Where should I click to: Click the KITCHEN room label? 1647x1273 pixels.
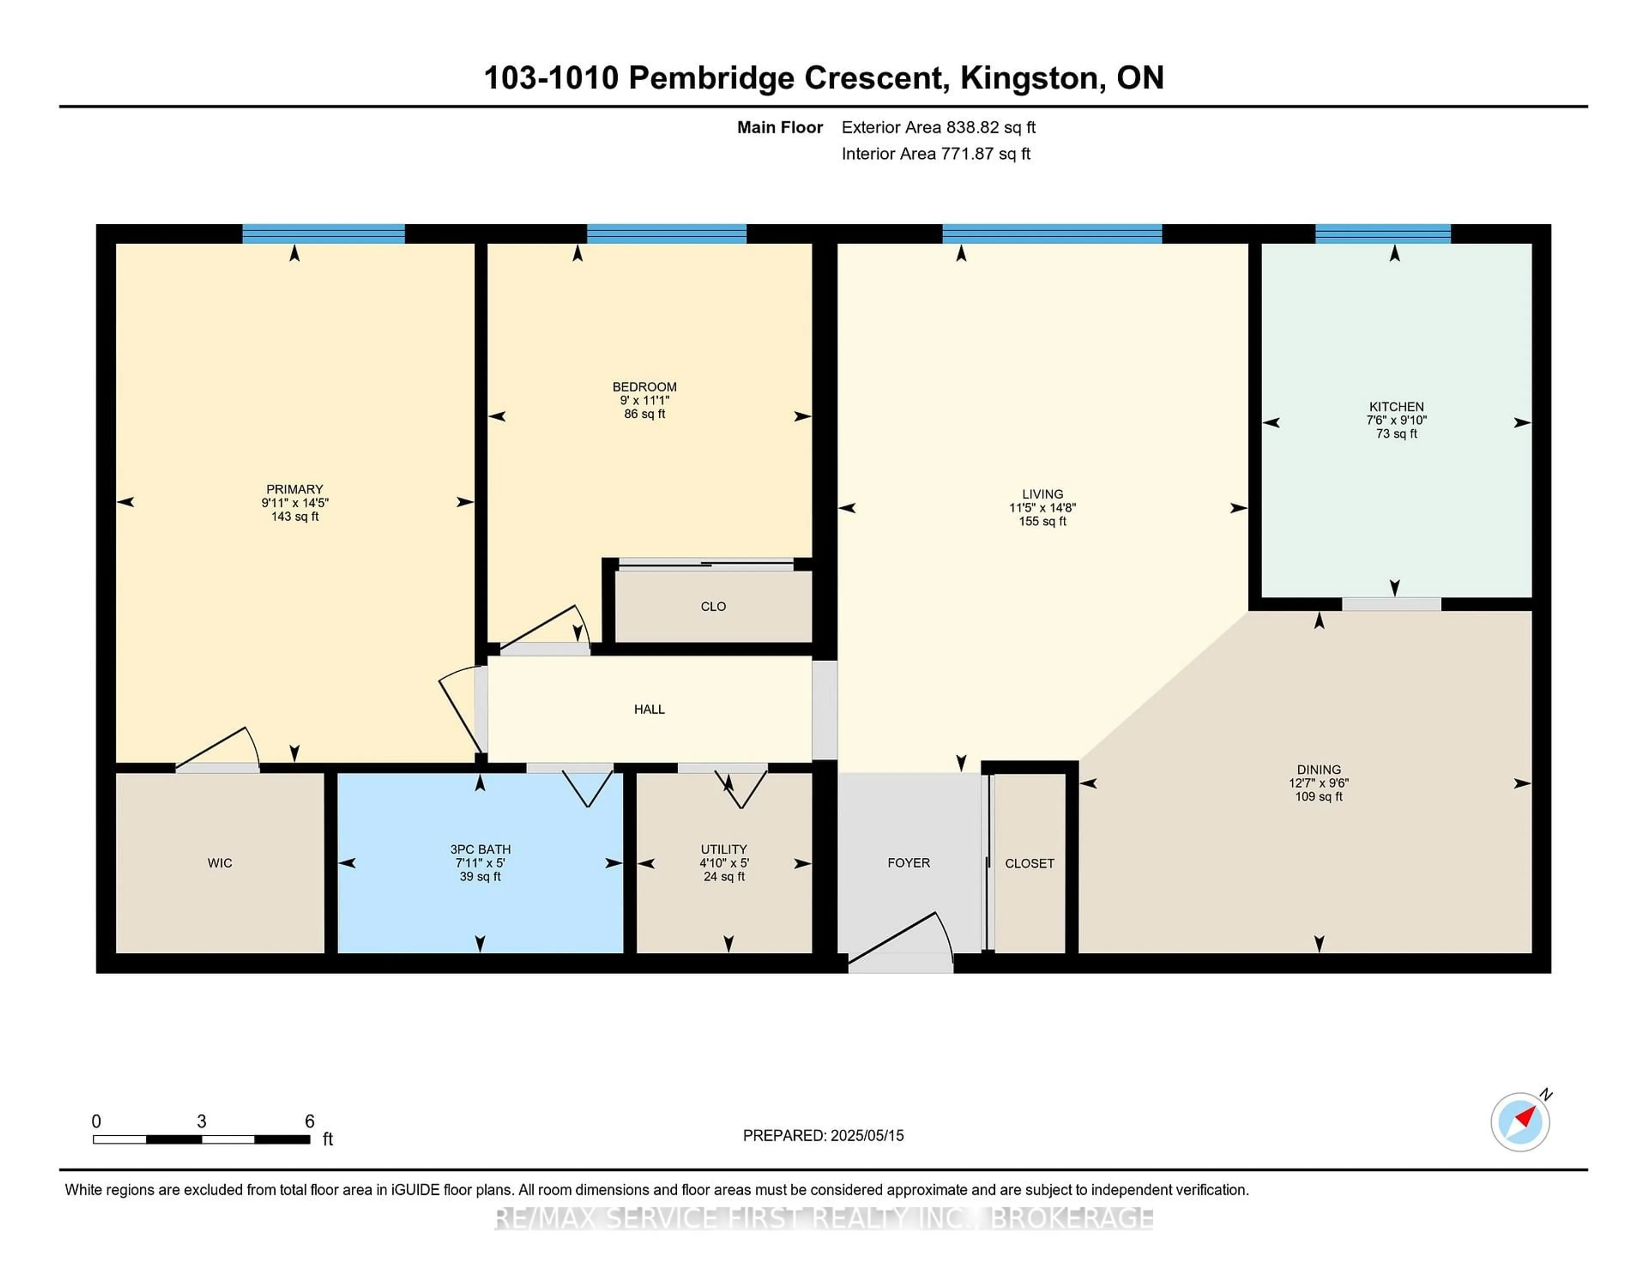point(1396,407)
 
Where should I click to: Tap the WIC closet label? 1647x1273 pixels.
point(220,863)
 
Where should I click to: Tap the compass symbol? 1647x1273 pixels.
point(1520,1122)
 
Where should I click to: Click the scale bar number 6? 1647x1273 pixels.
point(309,1122)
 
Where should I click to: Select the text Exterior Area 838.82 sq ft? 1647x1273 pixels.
point(938,127)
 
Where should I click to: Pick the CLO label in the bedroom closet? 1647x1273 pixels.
point(713,606)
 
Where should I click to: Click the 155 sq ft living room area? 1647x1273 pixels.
point(1042,521)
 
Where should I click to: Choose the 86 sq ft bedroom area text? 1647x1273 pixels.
point(644,414)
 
